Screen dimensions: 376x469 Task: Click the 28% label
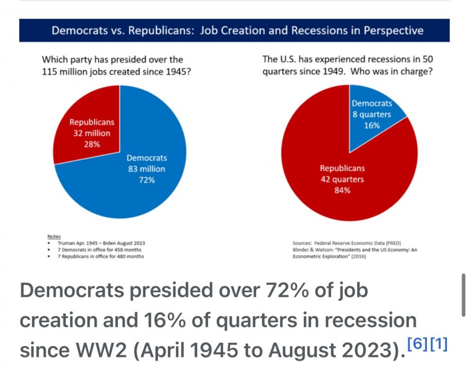click(92, 144)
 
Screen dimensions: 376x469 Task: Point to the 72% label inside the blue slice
click(146, 180)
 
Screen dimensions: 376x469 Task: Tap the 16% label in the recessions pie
click(372, 125)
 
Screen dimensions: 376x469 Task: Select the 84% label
click(343, 190)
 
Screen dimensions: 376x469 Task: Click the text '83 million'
click(146, 169)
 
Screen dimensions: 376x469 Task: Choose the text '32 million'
click(92, 133)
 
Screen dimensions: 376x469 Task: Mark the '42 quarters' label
click(343, 179)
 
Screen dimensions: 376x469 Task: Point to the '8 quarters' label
click(372, 114)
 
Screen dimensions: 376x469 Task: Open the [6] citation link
click(417, 345)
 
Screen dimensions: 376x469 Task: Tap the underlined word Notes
click(53, 236)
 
